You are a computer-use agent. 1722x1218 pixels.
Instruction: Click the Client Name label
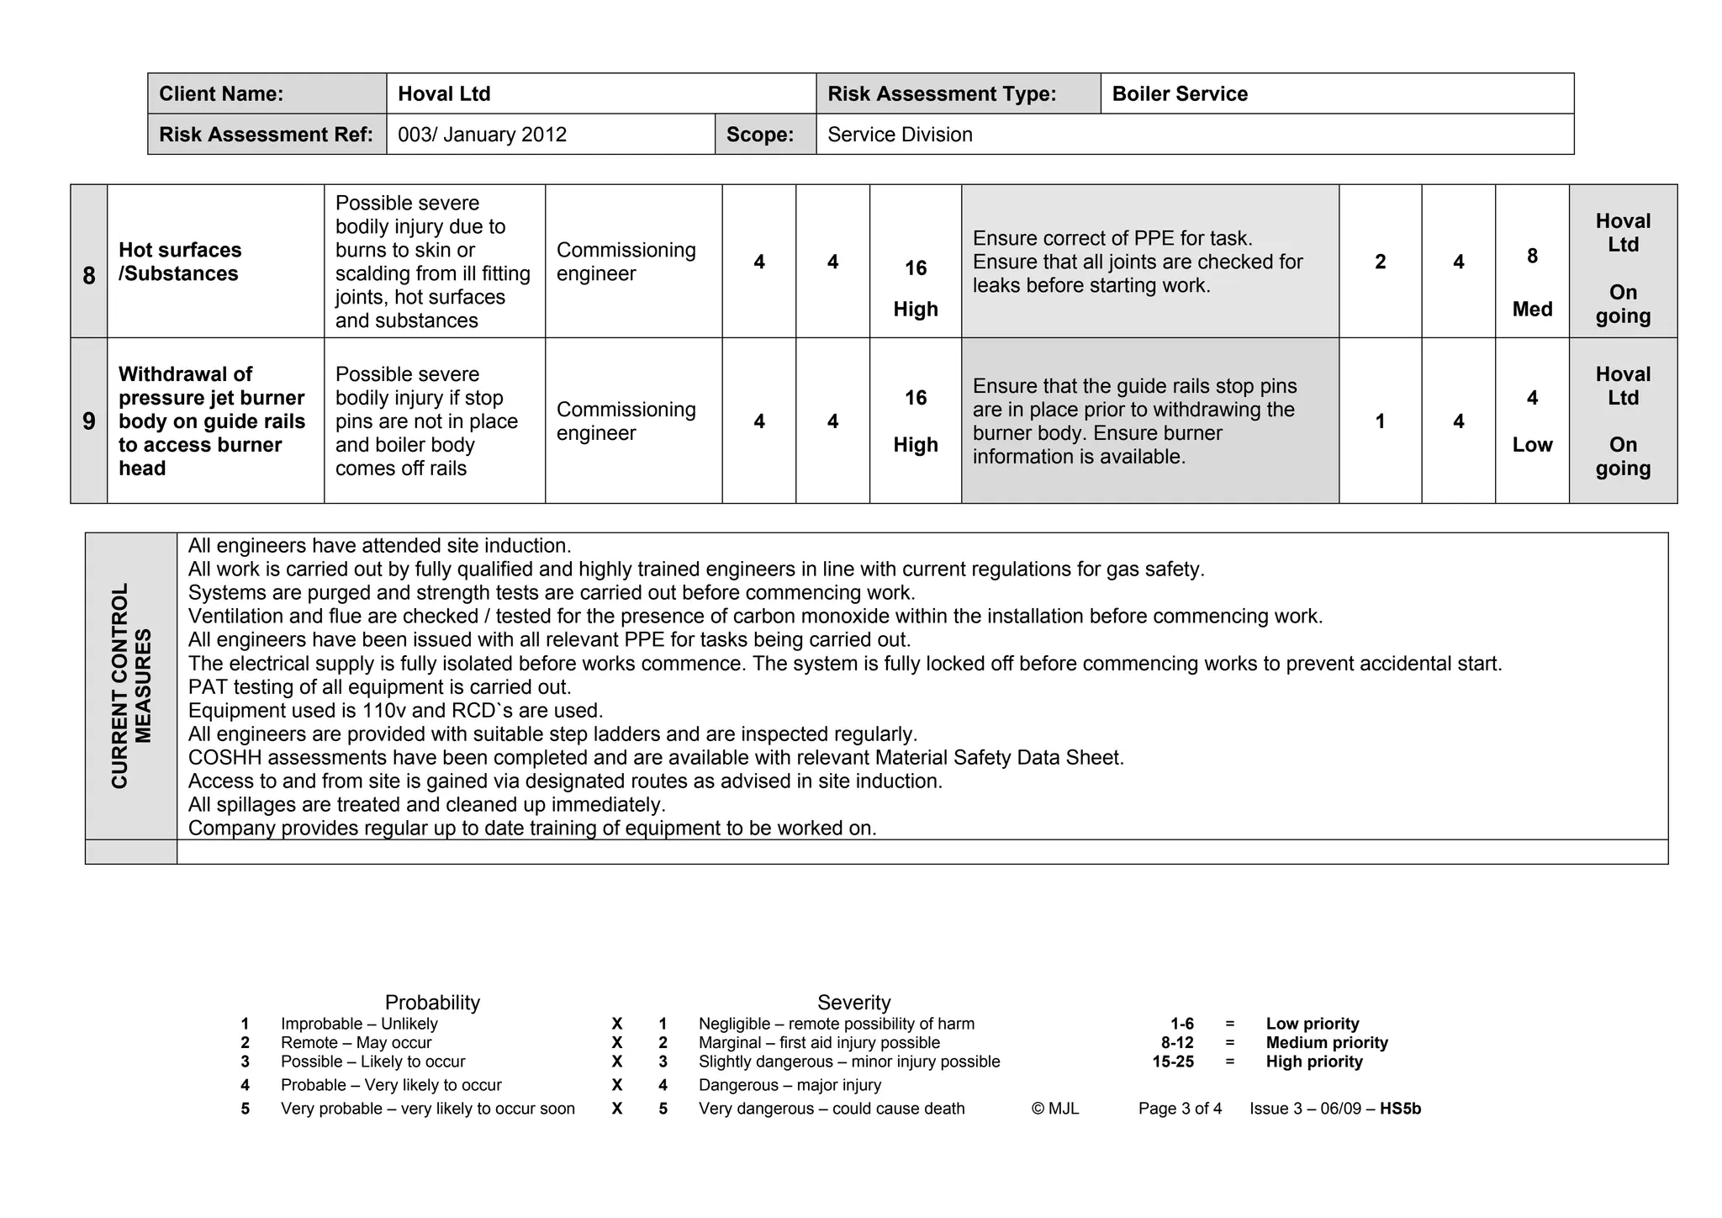click(x=221, y=94)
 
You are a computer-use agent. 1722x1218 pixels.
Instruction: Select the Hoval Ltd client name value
click(x=444, y=94)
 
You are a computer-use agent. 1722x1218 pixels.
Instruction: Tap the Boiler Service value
click(x=1179, y=94)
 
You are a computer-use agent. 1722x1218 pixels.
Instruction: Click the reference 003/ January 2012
click(x=482, y=135)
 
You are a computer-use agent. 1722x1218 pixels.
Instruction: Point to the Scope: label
click(x=760, y=135)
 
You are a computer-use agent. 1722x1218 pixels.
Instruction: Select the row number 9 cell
click(x=89, y=421)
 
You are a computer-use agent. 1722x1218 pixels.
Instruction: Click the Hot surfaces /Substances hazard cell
click(x=180, y=262)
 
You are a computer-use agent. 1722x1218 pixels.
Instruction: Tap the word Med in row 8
click(x=1532, y=310)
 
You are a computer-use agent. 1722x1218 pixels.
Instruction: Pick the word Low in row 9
click(x=1532, y=445)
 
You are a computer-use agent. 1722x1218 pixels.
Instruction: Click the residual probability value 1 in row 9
click(x=1380, y=421)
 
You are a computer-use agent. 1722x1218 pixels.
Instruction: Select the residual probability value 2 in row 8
click(x=1380, y=262)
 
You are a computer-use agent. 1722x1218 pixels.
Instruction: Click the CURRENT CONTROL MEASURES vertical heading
click(x=131, y=686)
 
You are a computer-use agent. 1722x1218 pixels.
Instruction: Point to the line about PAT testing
click(x=379, y=687)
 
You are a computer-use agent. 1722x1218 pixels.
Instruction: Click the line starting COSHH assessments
click(x=655, y=758)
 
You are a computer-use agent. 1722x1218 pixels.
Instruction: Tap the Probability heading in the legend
click(x=432, y=1003)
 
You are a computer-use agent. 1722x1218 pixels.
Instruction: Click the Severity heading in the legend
click(x=853, y=1003)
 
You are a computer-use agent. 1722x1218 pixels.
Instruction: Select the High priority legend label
click(x=1313, y=1062)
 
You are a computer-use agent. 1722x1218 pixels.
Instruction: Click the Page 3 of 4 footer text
click(x=1180, y=1109)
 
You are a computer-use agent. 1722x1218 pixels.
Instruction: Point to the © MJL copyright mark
click(x=1054, y=1109)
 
